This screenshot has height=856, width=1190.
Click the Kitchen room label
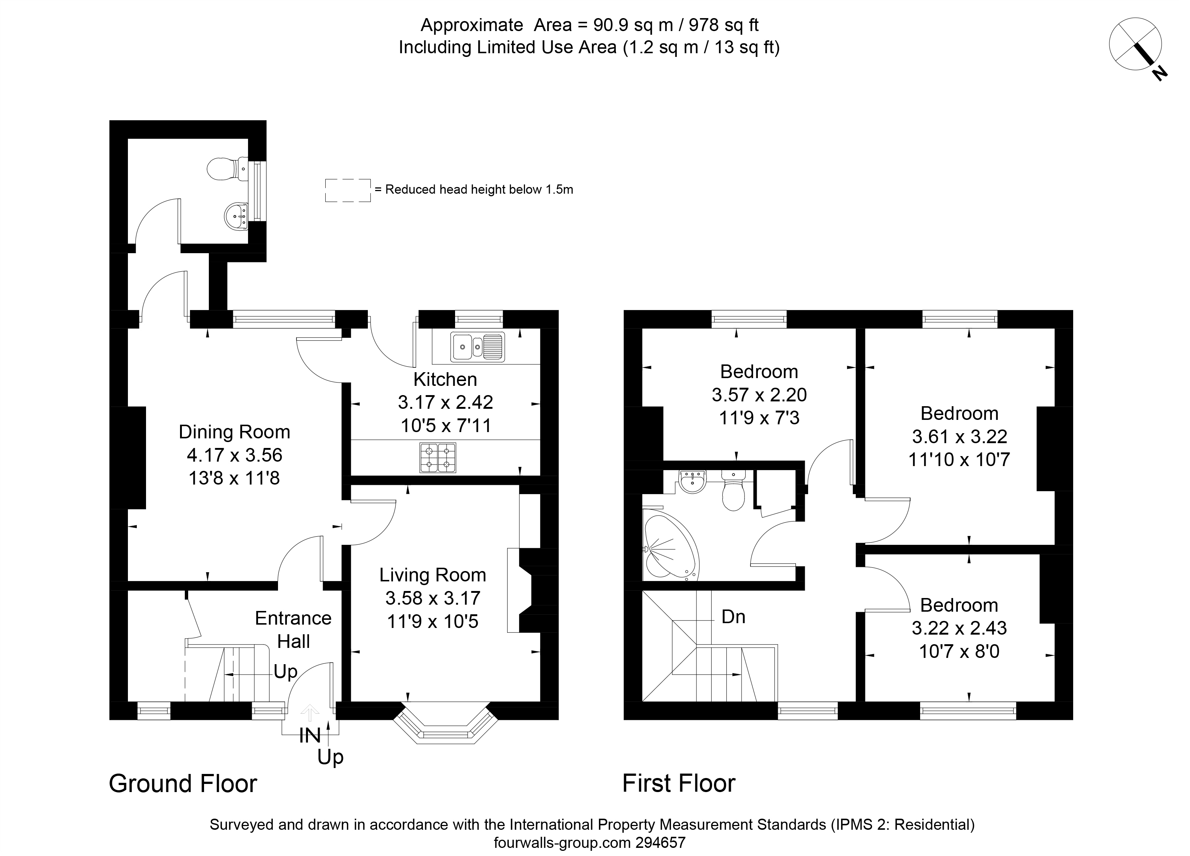pos(445,379)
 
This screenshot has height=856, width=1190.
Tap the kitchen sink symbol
pos(478,347)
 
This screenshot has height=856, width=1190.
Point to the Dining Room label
pos(234,432)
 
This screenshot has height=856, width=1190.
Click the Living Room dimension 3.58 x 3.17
pos(433,598)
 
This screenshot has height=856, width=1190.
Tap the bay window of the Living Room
pos(445,726)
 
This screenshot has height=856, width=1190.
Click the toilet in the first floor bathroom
pos(733,490)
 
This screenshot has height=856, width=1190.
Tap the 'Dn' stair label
pos(733,617)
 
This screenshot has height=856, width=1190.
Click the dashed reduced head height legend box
pos(347,190)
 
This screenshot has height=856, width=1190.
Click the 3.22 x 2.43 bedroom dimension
pos(959,628)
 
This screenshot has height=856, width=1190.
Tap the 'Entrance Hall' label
pos(293,629)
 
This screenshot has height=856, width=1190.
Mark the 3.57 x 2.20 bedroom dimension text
pos(759,394)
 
